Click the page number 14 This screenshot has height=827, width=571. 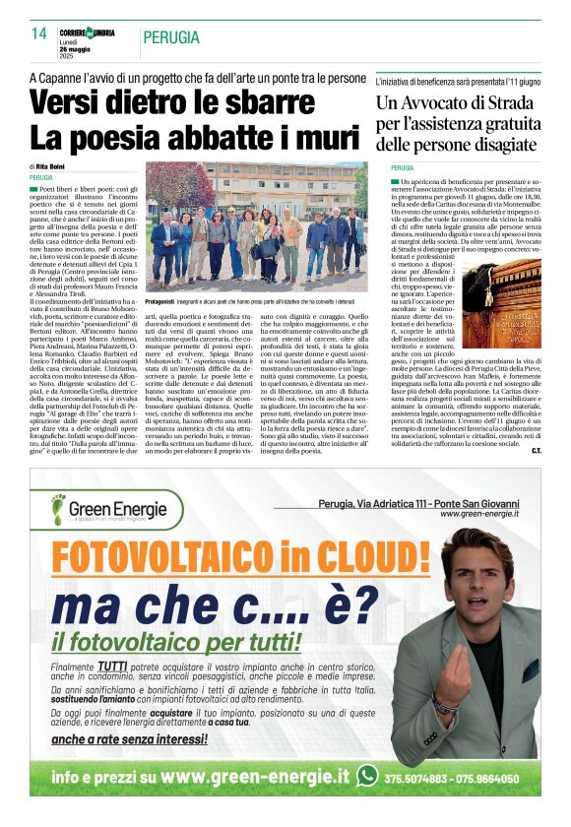click(39, 33)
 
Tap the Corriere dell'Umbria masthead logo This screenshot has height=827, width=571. click(87, 32)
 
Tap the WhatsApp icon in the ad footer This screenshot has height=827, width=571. click(368, 775)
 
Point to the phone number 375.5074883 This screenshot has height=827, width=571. click(417, 776)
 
